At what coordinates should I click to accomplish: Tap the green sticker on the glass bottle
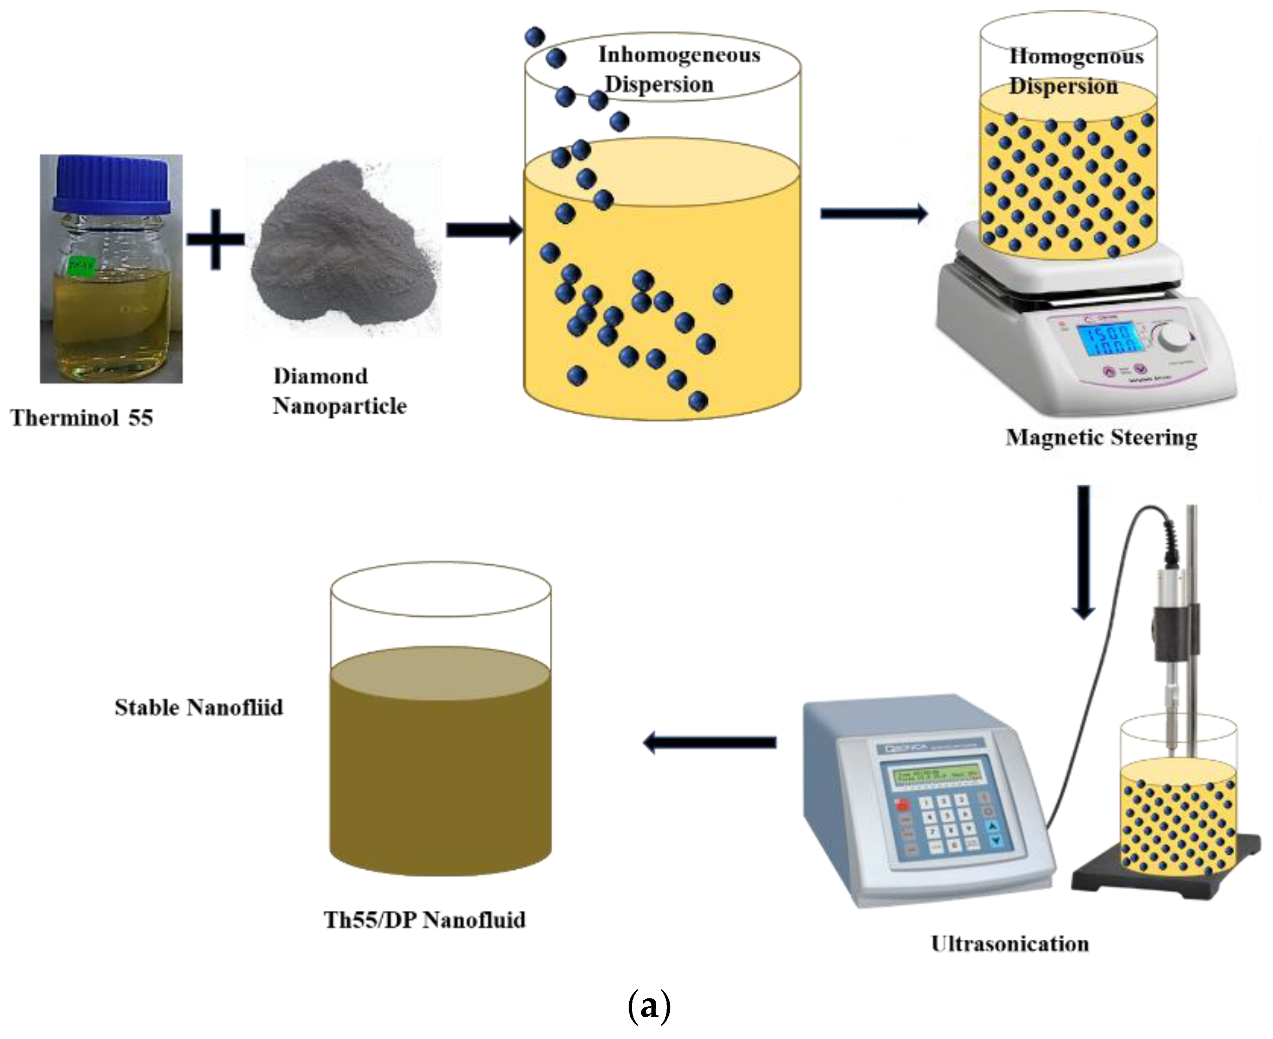click(x=81, y=266)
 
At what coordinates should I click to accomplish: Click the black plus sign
click(x=215, y=239)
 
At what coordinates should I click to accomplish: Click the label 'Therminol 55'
click(x=81, y=418)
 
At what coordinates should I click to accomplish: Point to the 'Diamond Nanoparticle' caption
click(x=340, y=391)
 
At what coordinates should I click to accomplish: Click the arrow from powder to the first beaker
click(x=484, y=230)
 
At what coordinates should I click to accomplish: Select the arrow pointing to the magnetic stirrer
click(x=874, y=213)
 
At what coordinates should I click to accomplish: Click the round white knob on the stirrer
click(x=1174, y=337)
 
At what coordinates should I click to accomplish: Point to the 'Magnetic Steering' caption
click(x=1100, y=437)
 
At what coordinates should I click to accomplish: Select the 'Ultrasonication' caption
click(x=1010, y=944)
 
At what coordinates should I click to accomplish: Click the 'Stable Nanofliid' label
click(x=199, y=707)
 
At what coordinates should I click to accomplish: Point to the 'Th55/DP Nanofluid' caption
click(x=424, y=920)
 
